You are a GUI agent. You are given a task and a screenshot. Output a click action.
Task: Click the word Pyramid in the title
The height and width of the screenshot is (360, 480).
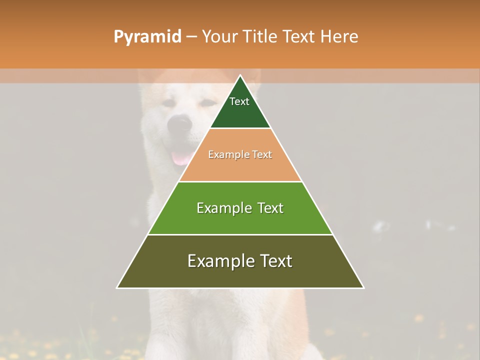tap(147, 37)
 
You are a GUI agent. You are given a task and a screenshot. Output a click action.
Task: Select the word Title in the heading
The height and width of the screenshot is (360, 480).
tap(262, 37)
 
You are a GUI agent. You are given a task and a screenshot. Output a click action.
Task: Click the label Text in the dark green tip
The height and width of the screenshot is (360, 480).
tap(239, 101)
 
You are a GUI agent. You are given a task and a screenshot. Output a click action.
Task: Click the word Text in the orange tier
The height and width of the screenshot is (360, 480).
tap(262, 155)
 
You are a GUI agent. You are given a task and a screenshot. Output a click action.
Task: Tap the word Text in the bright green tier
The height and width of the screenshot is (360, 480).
tap(270, 208)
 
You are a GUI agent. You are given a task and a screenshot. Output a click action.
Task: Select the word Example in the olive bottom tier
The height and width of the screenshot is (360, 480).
tap(218, 261)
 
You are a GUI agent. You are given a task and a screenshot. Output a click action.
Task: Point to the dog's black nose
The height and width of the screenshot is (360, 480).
tap(179, 124)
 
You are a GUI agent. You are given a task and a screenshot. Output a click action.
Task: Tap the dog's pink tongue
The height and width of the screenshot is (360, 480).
tap(180, 158)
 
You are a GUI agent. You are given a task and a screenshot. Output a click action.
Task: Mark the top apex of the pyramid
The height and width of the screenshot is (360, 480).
tap(240, 75)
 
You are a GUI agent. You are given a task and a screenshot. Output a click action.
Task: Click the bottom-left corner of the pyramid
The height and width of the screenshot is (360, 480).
tap(117, 287)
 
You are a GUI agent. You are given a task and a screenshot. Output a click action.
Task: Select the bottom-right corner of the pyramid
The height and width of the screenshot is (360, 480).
tap(363, 287)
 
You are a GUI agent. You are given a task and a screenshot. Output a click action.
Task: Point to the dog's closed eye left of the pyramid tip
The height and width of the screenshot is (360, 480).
tap(168, 103)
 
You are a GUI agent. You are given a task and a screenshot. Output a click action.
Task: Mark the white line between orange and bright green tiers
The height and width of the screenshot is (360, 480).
tap(240, 181)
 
